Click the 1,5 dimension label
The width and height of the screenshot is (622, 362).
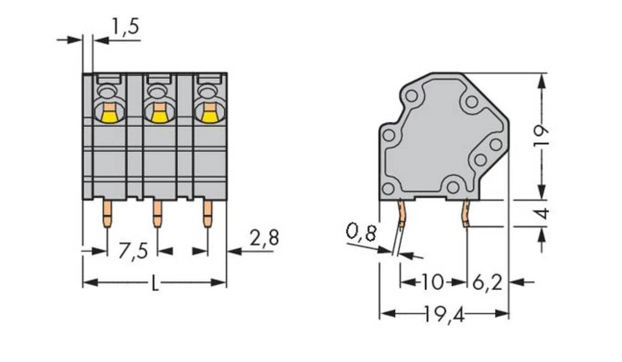click(125, 28)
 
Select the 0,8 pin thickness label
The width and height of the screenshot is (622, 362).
click(361, 233)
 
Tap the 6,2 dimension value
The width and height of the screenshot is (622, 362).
click(487, 282)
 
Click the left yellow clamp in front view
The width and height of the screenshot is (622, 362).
click(108, 114)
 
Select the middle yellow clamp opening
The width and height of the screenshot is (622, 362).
click(159, 114)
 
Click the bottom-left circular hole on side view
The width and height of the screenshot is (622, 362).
click(388, 187)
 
